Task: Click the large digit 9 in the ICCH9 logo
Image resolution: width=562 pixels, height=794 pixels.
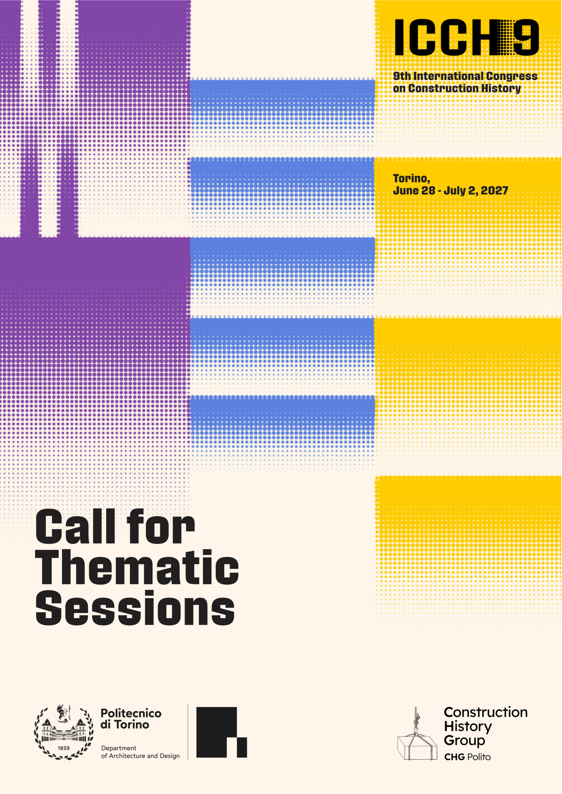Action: pos(525,37)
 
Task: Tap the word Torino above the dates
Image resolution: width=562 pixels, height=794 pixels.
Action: pos(412,179)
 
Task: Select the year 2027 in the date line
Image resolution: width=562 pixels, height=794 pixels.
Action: pos(494,190)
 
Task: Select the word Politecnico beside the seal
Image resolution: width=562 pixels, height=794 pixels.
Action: pos(131,713)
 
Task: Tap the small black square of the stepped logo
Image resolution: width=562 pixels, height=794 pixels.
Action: pos(242,748)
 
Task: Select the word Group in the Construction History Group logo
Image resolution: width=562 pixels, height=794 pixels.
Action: pos(464,741)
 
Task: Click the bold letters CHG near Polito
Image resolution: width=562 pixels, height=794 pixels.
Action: pos(454,757)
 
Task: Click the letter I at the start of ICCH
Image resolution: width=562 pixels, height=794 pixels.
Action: pos(399,37)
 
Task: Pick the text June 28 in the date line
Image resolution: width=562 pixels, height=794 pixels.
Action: pos(414,190)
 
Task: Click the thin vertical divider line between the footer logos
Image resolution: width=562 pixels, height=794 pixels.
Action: pos(188,732)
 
